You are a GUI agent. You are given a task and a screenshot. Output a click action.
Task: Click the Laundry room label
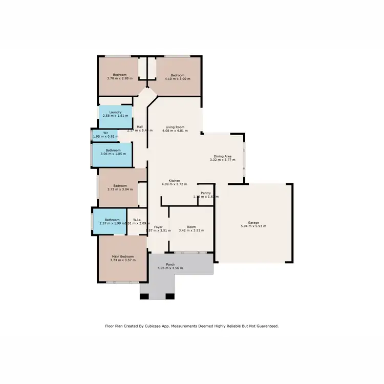click(x=115, y=112)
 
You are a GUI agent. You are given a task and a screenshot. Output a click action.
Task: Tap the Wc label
click(x=105, y=133)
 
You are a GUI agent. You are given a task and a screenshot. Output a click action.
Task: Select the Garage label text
click(x=253, y=222)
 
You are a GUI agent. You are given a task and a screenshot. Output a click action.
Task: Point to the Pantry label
click(x=206, y=193)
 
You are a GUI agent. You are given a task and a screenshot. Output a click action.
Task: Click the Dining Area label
click(x=223, y=156)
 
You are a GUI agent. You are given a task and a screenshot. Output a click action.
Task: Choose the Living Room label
click(x=175, y=127)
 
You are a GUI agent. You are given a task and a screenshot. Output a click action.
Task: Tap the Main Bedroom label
click(x=123, y=257)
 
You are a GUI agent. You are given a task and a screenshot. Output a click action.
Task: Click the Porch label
click(x=169, y=264)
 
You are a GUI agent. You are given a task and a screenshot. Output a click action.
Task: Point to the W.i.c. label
click(x=136, y=220)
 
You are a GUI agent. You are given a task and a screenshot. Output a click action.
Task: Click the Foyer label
click(x=158, y=227)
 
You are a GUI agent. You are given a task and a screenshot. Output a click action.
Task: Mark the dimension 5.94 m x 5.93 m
click(x=253, y=226)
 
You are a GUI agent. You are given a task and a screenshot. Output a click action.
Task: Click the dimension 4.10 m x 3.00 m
click(x=177, y=79)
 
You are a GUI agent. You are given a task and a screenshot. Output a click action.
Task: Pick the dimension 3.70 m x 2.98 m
click(x=120, y=79)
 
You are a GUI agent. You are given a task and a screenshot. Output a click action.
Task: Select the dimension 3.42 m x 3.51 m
click(x=191, y=231)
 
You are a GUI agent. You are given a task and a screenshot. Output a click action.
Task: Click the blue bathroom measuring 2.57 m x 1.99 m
click(x=109, y=222)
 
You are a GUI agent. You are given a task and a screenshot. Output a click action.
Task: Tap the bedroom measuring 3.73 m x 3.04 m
click(x=120, y=187)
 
